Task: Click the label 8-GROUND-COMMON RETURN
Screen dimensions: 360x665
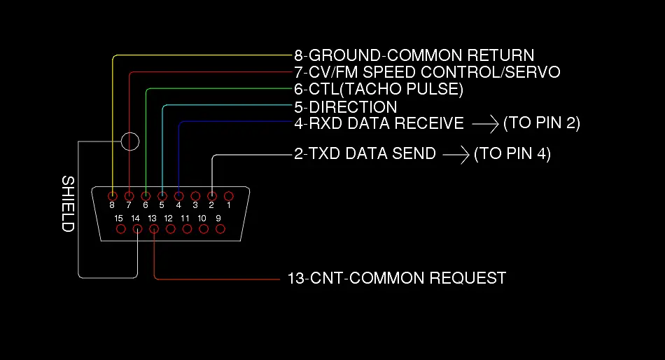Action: coord(414,55)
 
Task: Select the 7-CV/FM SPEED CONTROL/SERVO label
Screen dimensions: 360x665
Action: coord(427,72)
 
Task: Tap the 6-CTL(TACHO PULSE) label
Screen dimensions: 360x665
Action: coord(379,90)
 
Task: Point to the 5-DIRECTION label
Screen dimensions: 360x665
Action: coord(346,107)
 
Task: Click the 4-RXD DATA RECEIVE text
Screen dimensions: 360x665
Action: coord(379,124)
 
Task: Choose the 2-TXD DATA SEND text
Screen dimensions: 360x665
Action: coord(365,153)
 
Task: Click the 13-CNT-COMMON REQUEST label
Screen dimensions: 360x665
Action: coord(396,279)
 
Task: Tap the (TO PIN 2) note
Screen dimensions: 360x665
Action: coord(542,124)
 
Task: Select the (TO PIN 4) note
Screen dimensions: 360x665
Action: coord(512,153)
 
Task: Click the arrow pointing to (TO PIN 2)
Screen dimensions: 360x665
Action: coord(484,124)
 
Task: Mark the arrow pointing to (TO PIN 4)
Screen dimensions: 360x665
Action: coord(456,153)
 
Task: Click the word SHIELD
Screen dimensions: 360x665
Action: coord(68,204)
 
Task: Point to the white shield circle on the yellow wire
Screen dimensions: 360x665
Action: coord(130,141)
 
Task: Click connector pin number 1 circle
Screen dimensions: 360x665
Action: coord(228,196)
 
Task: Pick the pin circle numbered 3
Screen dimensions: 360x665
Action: coord(195,196)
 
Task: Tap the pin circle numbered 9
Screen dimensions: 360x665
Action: coord(220,228)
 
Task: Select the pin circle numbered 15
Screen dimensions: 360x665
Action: coord(120,228)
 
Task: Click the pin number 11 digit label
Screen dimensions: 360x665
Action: coord(185,219)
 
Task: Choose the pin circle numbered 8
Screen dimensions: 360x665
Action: coord(112,196)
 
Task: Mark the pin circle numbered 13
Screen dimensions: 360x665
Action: coord(153,228)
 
